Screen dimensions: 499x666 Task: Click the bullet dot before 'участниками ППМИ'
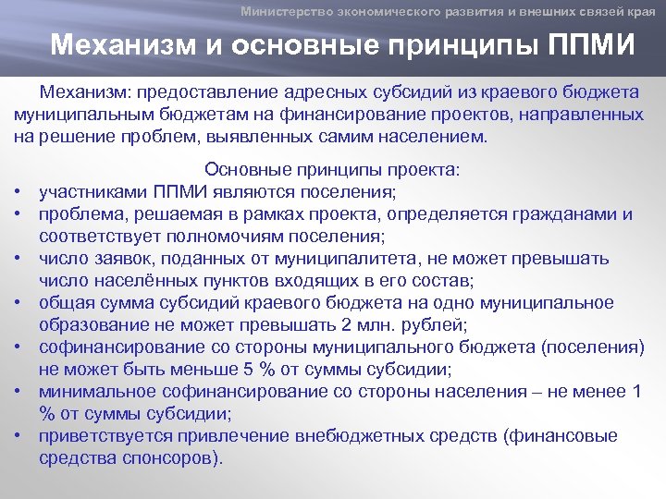(18, 192)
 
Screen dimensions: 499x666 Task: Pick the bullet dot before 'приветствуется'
(18, 436)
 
